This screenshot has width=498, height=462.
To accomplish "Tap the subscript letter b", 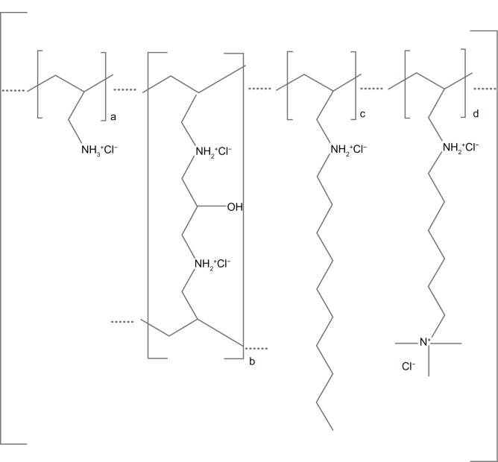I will [251, 361].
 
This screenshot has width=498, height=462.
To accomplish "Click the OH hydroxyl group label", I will [236, 208].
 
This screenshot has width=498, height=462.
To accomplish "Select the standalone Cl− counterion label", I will [409, 367].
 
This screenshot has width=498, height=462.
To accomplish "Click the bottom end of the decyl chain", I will [332, 428].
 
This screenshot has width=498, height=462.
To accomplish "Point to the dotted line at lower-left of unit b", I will [122, 322].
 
